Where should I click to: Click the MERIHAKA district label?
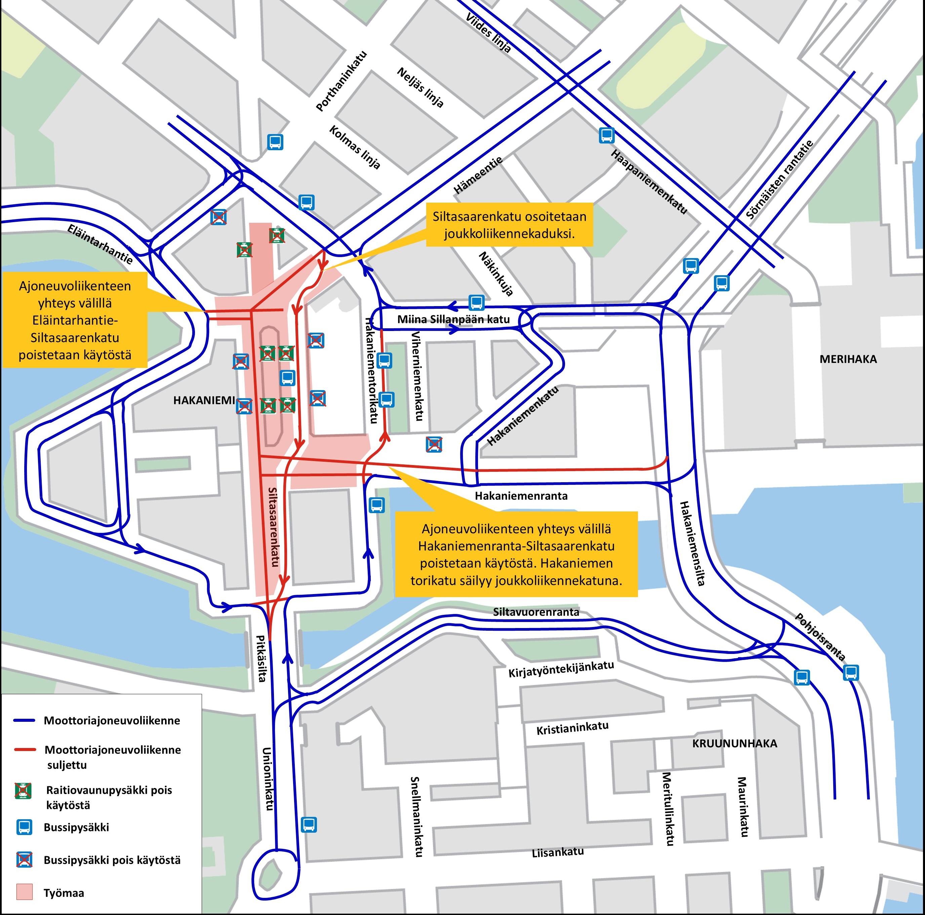[848, 359]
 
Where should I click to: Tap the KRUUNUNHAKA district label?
[734, 743]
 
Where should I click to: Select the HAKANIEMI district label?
[204, 400]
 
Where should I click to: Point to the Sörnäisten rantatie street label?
[779, 179]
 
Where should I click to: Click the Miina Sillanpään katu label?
[453, 319]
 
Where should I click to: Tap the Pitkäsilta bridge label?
[261, 658]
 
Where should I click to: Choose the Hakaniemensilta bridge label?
[692, 543]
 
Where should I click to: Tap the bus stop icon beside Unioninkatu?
[309, 824]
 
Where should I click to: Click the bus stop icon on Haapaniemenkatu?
[607, 135]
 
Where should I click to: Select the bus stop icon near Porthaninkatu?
[275, 142]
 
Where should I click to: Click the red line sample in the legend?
[25, 749]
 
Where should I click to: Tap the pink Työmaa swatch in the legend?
[25, 891]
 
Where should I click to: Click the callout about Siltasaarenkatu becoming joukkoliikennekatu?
[510, 224]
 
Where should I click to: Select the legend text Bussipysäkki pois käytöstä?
[112, 860]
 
